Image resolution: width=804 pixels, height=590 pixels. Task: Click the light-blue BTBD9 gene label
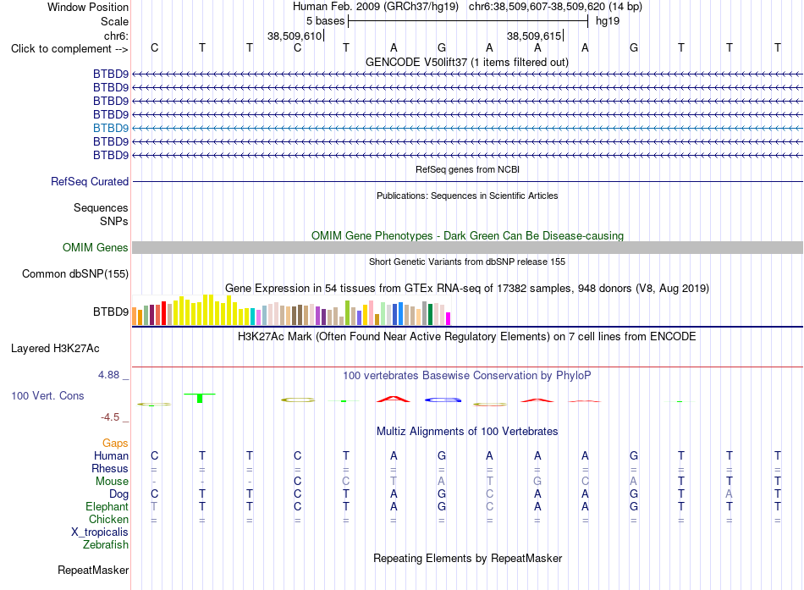pyautogui.click(x=111, y=128)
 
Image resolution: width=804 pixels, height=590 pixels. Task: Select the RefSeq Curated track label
pyautogui.click(x=90, y=182)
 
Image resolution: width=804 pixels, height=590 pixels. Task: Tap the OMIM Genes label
pyautogui.click(x=96, y=247)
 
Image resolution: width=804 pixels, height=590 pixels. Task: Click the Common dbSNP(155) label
pyautogui.click(x=75, y=274)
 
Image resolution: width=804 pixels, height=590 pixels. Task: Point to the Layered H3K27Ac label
pyautogui.click(x=55, y=349)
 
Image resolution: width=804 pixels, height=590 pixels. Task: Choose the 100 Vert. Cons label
pyautogui.click(x=47, y=395)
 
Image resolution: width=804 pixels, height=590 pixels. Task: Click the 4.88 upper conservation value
pyautogui.click(x=108, y=375)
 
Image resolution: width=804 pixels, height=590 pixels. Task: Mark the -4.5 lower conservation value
pyautogui.click(x=110, y=417)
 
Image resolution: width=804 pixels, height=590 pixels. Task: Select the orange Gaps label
pyautogui.click(x=115, y=444)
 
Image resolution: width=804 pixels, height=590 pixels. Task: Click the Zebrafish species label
pyautogui.click(x=106, y=545)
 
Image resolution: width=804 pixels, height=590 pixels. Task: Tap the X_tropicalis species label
pyautogui.click(x=100, y=532)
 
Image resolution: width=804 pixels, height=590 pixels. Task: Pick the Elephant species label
pyautogui.click(x=107, y=507)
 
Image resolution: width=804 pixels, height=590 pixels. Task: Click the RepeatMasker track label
pyautogui.click(x=93, y=570)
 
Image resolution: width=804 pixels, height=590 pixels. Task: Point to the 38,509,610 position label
pyautogui.click(x=295, y=36)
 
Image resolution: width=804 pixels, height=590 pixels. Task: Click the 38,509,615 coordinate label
pyautogui.click(x=534, y=36)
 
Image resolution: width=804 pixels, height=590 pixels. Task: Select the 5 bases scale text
pyautogui.click(x=326, y=21)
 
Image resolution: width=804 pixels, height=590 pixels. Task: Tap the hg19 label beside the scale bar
pyautogui.click(x=608, y=21)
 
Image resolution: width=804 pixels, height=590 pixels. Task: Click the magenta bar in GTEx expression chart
pyautogui.click(x=449, y=318)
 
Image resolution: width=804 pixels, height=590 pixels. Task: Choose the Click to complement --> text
pyautogui.click(x=69, y=49)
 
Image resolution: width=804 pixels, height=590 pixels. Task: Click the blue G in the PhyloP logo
pyautogui.click(x=443, y=400)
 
